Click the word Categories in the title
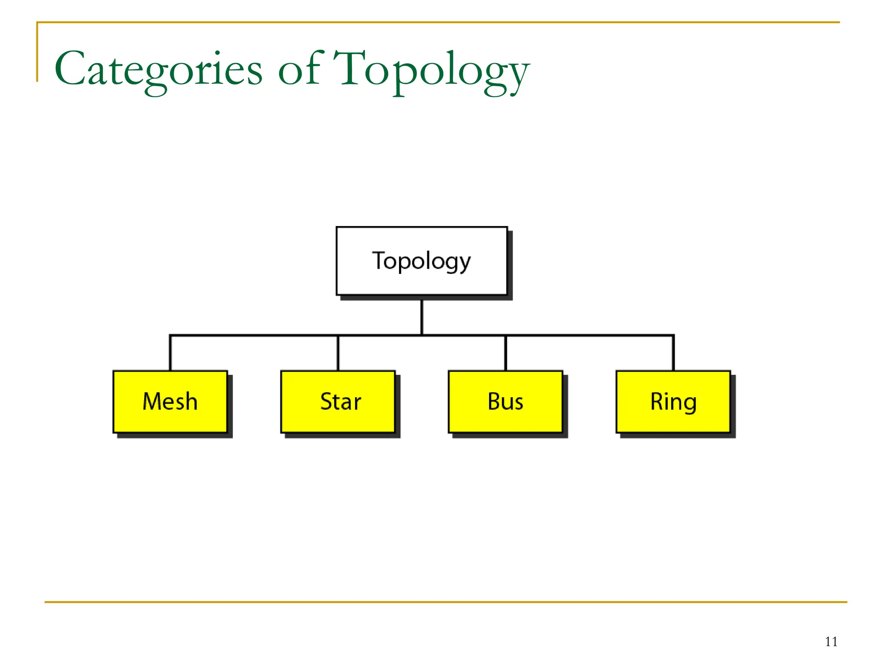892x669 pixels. coord(158,70)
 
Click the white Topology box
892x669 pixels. coord(421,260)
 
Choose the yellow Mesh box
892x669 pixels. coord(170,402)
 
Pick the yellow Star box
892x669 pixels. coord(338,402)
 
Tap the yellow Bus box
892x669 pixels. coord(505,402)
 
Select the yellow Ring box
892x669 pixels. coord(673,402)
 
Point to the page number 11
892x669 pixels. coord(831,642)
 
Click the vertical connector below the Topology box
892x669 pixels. coord(422,317)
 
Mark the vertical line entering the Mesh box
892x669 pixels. coord(170,353)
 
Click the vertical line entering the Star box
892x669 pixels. coord(338,353)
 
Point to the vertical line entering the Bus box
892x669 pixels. coord(505,353)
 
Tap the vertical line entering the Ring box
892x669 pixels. coord(673,353)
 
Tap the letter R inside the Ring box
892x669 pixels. coord(657,401)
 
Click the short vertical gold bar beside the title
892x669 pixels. coord(37,52)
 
